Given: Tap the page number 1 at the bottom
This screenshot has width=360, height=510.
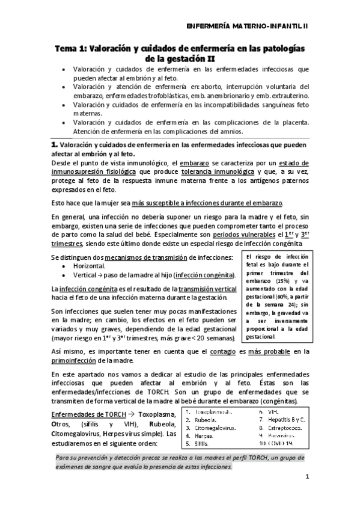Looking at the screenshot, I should click(307, 478).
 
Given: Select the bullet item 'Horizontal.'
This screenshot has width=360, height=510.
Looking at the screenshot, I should click(89, 266).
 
